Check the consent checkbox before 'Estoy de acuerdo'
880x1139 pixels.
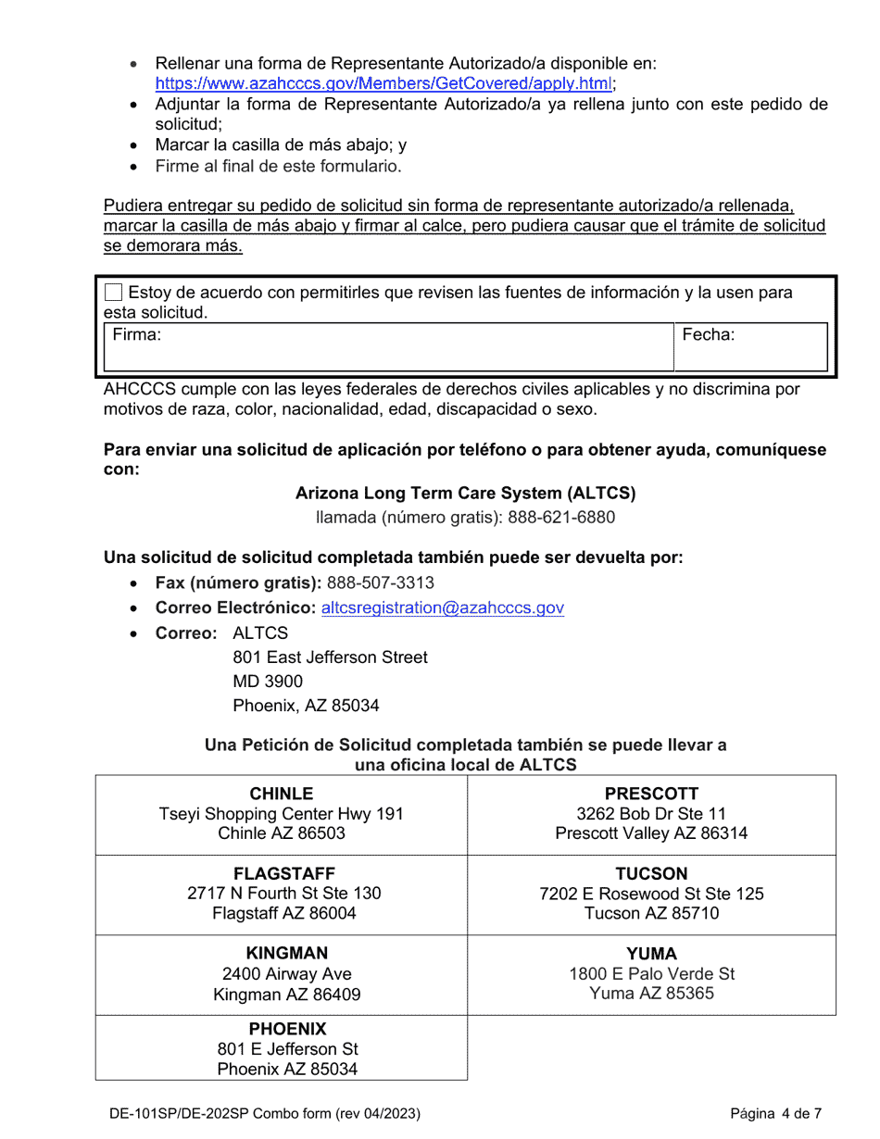[113, 293]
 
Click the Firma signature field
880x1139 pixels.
[389, 347]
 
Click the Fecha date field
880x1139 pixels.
[751, 347]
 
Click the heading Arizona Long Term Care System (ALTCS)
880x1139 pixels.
[465, 493]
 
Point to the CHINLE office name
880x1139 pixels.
[282, 794]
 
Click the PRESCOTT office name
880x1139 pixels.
[651, 794]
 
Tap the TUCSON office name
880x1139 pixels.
[651, 874]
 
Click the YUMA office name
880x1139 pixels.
[651, 953]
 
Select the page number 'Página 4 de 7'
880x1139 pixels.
[775, 1114]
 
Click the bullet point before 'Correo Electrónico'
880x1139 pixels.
[135, 609]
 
